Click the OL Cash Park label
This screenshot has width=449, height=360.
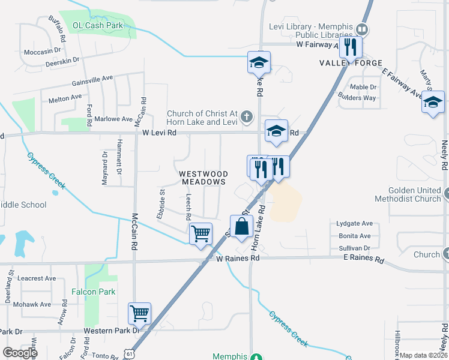(x=98, y=25)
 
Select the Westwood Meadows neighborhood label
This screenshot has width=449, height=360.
(x=203, y=177)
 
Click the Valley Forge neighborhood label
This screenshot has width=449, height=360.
(x=351, y=63)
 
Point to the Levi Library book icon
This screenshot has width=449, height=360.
(x=362, y=29)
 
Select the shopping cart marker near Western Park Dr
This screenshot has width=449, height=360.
(x=139, y=313)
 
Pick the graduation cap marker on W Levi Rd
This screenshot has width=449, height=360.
(x=276, y=131)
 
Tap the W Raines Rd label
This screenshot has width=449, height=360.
(x=238, y=258)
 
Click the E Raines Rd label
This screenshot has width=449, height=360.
(x=363, y=260)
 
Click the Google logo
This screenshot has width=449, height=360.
(x=20, y=353)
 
